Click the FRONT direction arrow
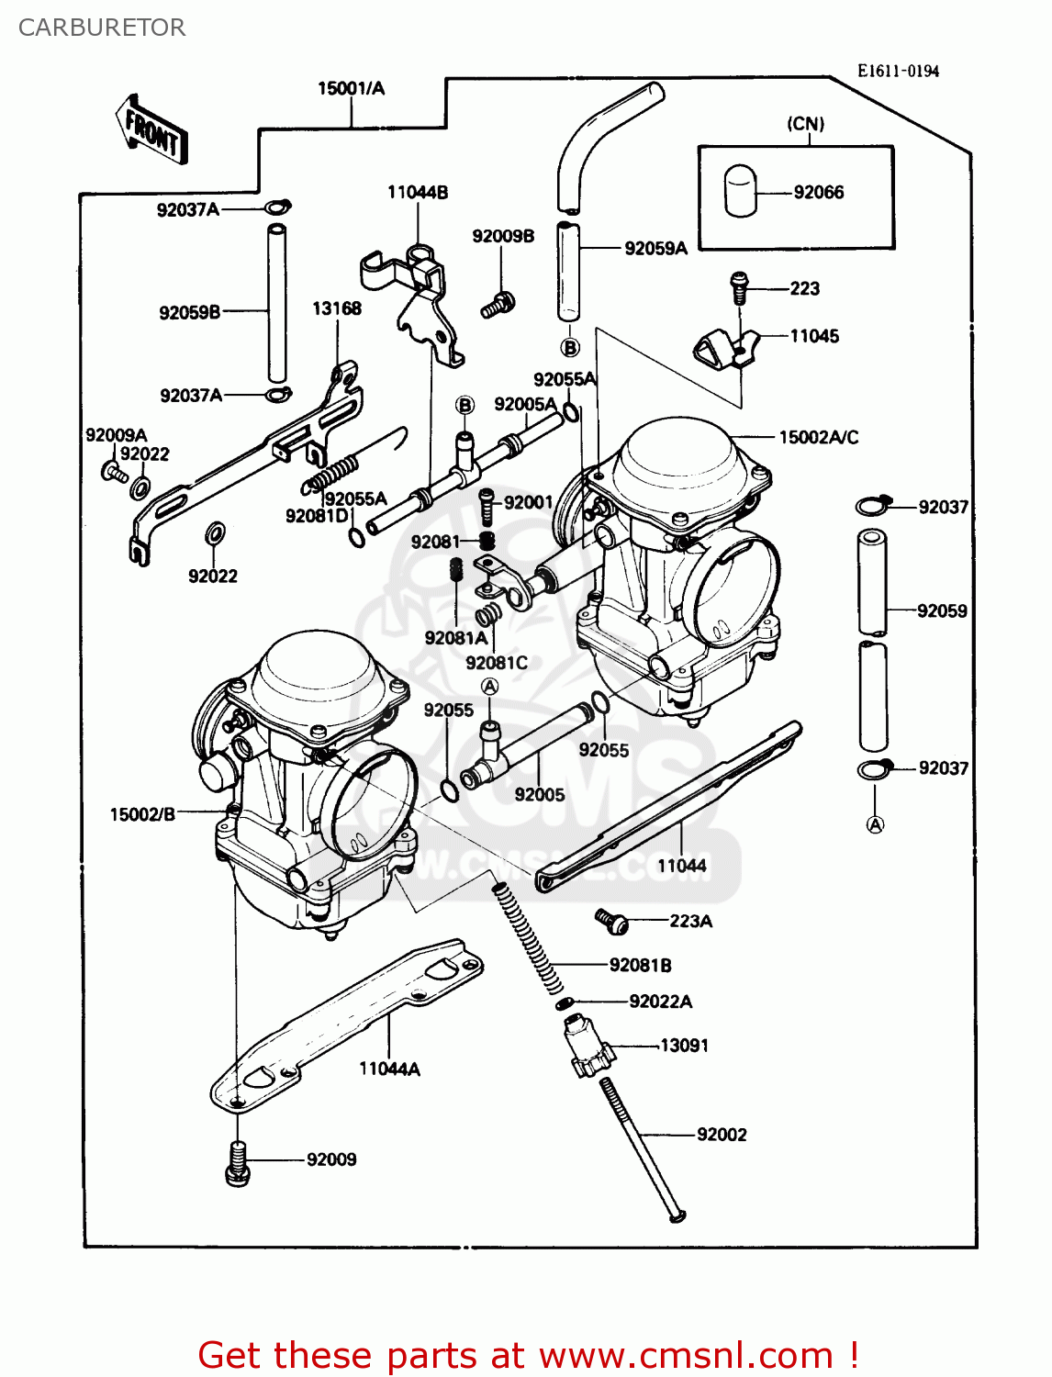(x=152, y=130)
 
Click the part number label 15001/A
(x=351, y=89)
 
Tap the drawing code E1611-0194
(x=898, y=72)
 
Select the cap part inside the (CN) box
(x=740, y=191)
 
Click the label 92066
(x=818, y=192)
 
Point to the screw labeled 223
(x=739, y=286)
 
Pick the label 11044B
(x=418, y=193)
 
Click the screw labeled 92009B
(x=498, y=304)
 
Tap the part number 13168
(x=337, y=308)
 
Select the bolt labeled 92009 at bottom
(x=237, y=1161)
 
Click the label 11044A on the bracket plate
(x=389, y=1069)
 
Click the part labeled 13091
(x=588, y=1045)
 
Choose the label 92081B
(x=640, y=965)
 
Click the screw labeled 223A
(x=611, y=921)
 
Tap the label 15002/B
(x=142, y=814)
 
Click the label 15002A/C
(x=818, y=437)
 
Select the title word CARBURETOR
(x=102, y=28)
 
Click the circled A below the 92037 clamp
(x=875, y=824)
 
